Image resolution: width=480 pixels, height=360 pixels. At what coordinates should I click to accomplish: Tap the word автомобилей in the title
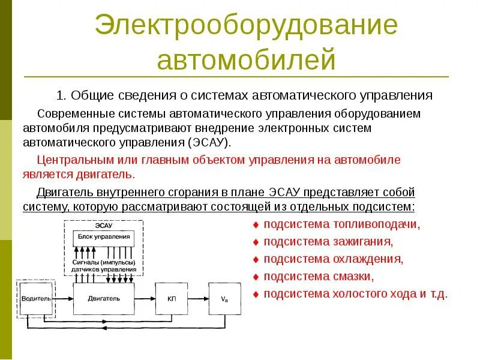click(245, 60)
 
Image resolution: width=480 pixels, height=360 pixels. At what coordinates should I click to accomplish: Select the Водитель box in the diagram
click(35, 298)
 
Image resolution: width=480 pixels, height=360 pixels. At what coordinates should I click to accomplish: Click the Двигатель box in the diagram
click(104, 298)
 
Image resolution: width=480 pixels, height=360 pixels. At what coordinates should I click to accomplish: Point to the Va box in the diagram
click(224, 298)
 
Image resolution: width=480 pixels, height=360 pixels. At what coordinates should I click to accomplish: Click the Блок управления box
click(104, 236)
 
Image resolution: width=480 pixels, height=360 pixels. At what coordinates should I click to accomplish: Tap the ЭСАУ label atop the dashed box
click(104, 225)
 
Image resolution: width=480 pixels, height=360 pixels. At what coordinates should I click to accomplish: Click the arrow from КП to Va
click(198, 298)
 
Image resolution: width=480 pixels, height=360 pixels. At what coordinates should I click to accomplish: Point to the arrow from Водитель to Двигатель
click(63, 298)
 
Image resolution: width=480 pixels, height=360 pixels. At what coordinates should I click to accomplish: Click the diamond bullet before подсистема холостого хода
click(256, 295)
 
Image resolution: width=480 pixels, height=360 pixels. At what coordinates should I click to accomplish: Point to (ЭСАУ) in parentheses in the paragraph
click(208, 143)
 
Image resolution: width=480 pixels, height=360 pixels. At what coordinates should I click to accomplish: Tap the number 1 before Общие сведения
click(60, 95)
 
